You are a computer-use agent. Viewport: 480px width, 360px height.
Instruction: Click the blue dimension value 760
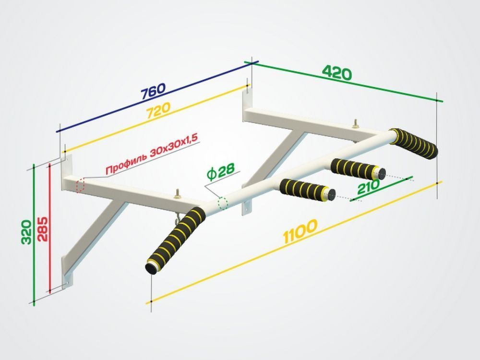click(x=153, y=91)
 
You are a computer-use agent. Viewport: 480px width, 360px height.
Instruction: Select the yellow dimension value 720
click(x=158, y=110)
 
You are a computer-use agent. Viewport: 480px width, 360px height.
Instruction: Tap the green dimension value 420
click(x=337, y=73)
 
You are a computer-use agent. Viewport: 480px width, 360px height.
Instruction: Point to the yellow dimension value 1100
click(x=300, y=231)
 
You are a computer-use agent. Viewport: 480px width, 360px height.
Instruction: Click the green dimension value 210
click(x=368, y=187)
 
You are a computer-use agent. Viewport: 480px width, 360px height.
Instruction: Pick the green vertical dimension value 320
click(x=26, y=232)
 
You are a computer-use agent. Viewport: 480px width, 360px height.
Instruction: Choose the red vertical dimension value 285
click(x=43, y=229)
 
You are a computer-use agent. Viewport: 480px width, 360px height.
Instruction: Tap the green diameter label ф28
click(x=221, y=172)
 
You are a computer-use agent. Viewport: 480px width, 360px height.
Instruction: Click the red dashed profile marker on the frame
click(x=80, y=185)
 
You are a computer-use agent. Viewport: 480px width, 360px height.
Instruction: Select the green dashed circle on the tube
click(x=223, y=203)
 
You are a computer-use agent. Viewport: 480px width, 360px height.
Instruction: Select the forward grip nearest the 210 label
click(x=358, y=169)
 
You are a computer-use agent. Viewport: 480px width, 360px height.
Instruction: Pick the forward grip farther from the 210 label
click(x=307, y=190)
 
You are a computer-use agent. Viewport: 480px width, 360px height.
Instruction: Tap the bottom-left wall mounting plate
click(x=68, y=273)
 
